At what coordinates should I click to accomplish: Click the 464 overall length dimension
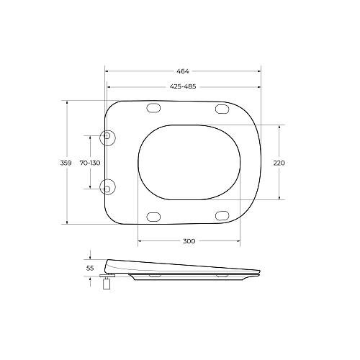pos(183,71)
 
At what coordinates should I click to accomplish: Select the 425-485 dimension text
pos(183,86)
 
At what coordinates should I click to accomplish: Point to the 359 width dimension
pos(66,163)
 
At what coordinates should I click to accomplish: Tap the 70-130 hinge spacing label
pos(90,163)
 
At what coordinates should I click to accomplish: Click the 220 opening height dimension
pos(279,163)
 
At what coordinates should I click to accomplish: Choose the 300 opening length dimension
pos(189,241)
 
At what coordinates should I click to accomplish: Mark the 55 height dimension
pos(90,268)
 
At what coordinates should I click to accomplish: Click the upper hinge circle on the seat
pos(107,138)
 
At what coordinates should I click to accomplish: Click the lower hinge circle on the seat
pos(107,186)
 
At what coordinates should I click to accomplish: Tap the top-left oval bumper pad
pos(153,108)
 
